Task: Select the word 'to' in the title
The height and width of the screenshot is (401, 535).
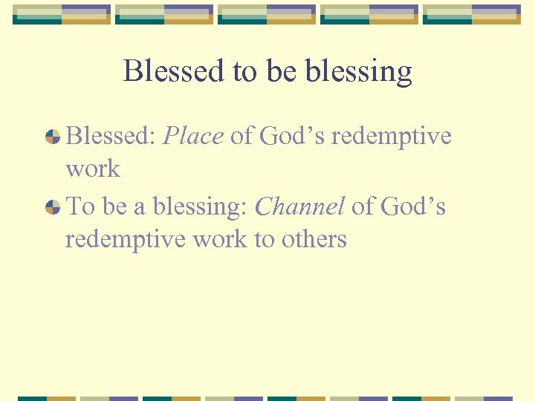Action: click(244, 71)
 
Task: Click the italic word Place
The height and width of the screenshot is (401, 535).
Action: click(192, 137)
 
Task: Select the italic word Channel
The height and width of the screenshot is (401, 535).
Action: click(299, 206)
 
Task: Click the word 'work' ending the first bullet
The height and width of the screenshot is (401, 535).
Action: click(92, 169)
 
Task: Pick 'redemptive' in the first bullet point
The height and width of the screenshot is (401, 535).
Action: click(391, 137)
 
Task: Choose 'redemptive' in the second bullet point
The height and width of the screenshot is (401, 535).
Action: click(126, 239)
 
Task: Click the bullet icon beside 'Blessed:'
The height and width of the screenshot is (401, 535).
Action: click(52, 137)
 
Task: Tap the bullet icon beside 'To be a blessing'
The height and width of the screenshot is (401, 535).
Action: click(52, 207)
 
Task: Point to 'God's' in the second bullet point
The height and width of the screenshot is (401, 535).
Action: click(412, 206)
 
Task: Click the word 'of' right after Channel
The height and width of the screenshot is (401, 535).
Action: click(363, 206)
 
